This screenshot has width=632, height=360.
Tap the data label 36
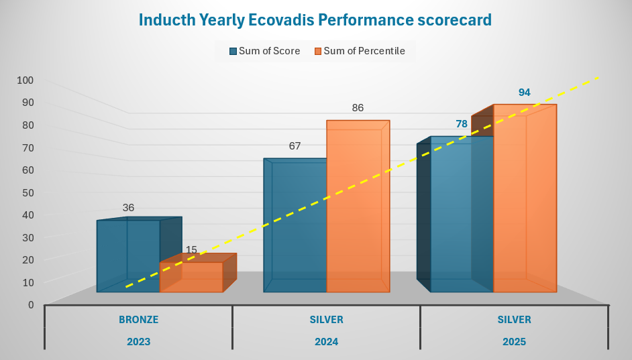[128, 208]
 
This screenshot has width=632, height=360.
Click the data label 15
[191, 250]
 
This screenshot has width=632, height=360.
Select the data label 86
[358, 107]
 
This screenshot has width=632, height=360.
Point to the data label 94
[525, 93]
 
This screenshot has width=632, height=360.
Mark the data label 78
[462, 124]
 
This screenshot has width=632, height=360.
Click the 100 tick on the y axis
[25, 80]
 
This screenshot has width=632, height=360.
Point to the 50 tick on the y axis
[28, 192]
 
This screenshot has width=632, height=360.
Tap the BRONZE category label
[138, 320]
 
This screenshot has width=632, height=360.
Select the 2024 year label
[326, 341]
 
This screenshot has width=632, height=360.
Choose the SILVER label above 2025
[514, 320]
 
